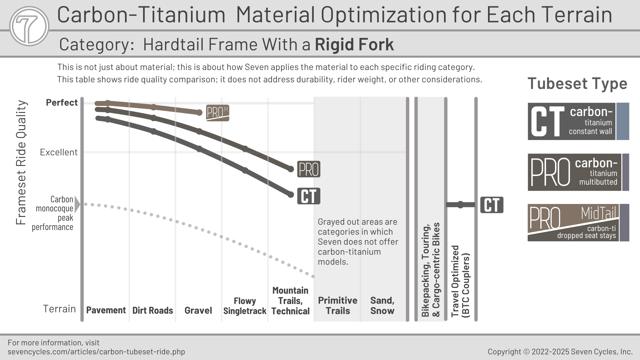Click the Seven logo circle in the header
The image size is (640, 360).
pyautogui.click(x=29, y=26)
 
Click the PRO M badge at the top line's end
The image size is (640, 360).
pyautogui.click(x=217, y=113)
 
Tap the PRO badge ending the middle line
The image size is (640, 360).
pyautogui.click(x=309, y=169)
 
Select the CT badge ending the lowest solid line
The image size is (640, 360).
pyautogui.click(x=309, y=196)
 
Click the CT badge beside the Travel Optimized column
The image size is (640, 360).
pyautogui.click(x=492, y=205)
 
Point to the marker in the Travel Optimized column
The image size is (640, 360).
pyautogui.click(x=460, y=205)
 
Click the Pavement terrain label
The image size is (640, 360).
pyautogui.click(x=106, y=310)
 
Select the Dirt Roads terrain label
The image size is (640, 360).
pyautogui.click(x=153, y=310)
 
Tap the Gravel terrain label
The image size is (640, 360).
pyautogui.click(x=198, y=310)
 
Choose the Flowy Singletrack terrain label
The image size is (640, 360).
pyautogui.click(x=245, y=306)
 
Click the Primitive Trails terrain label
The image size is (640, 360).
pyautogui.click(x=338, y=306)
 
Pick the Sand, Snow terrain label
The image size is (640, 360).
pyautogui.click(x=382, y=306)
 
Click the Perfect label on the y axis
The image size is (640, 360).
pyautogui.click(x=62, y=103)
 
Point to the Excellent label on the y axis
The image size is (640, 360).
pyautogui.click(x=59, y=152)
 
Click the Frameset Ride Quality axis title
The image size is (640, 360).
pyautogui.click(x=21, y=163)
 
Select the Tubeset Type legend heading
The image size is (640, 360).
pyautogui.click(x=577, y=83)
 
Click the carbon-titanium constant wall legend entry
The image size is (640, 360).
pyautogui.click(x=578, y=121)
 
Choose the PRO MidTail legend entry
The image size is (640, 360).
pyautogui.click(x=578, y=223)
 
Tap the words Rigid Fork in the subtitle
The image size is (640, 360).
pyautogui.click(x=354, y=45)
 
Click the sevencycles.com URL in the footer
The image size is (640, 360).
pyautogui.click(x=96, y=352)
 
